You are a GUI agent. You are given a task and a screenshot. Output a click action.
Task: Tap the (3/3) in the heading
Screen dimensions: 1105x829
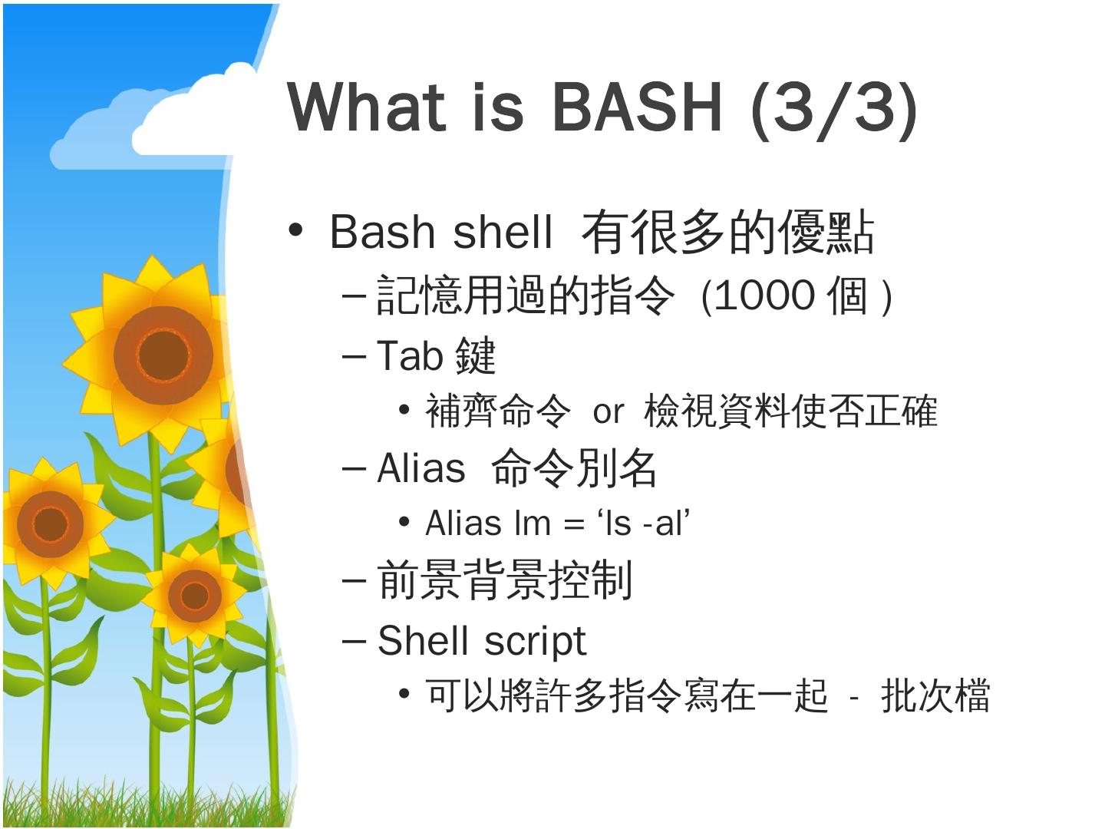833,110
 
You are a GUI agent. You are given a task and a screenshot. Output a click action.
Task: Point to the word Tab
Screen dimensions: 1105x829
409,355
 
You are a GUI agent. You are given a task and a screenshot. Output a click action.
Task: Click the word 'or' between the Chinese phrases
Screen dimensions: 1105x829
608,412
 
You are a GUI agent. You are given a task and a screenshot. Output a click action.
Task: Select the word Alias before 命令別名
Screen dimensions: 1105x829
421,467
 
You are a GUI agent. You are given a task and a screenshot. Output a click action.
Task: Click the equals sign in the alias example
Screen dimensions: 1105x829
573,523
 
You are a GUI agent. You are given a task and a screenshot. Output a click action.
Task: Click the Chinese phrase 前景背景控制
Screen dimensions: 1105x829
504,580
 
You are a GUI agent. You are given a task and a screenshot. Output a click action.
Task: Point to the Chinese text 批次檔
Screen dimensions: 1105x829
935,695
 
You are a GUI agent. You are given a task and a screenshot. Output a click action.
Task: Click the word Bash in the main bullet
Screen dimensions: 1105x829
382,232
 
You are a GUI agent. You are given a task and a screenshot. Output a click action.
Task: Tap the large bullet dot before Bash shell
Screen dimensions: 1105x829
295,230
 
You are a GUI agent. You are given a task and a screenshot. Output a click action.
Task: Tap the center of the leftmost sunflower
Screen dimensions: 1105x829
50,524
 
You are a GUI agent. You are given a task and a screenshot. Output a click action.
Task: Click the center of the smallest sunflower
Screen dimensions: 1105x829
195,596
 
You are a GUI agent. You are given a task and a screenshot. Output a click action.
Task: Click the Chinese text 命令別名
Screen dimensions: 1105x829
573,468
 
